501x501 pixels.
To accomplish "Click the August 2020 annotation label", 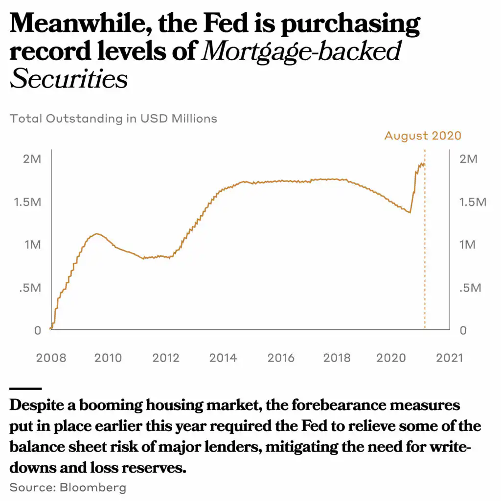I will [x=423, y=136].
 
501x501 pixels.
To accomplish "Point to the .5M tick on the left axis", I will [x=30, y=288].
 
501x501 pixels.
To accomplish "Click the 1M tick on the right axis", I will [x=467, y=245].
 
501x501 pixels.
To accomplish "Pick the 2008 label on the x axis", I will [x=51, y=358].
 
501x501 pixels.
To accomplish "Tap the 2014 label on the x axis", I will [x=223, y=358].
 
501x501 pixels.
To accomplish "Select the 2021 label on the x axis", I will [x=449, y=358].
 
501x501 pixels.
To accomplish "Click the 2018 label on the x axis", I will [x=337, y=358].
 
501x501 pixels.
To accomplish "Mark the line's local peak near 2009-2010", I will [x=97, y=234].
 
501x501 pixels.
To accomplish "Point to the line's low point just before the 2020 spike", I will [x=410, y=212].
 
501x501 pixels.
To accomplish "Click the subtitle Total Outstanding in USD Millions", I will [x=114, y=118].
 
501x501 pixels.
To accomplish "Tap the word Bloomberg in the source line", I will [x=93, y=487].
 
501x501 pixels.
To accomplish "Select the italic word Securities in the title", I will [x=68, y=79].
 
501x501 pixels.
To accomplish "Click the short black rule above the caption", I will [x=25, y=388].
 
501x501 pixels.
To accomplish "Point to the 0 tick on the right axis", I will [x=463, y=331].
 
